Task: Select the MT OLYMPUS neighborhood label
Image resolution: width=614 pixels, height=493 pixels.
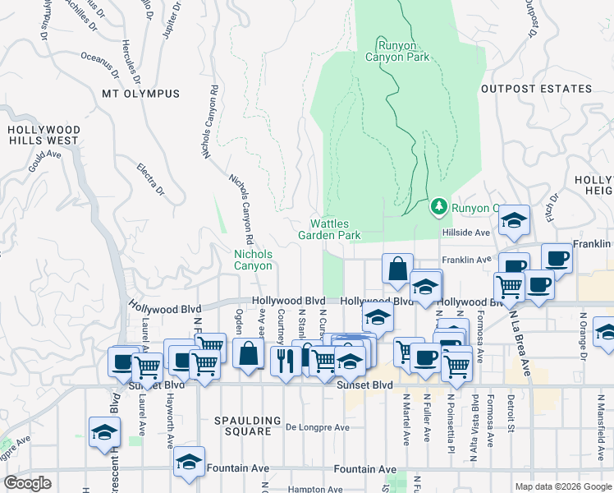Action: click(x=140, y=94)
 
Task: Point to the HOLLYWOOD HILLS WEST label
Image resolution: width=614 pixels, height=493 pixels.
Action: click(x=44, y=136)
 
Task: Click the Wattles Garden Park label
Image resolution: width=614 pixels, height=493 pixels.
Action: click(x=335, y=229)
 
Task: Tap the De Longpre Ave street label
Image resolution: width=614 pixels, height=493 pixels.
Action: click(x=318, y=427)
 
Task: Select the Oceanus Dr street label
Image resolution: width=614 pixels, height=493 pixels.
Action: click(x=102, y=58)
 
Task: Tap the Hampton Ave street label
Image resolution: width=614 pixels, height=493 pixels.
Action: click(x=321, y=489)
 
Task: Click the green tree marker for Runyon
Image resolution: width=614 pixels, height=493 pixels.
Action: click(x=439, y=206)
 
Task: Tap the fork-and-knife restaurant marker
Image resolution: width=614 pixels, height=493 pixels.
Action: click(x=285, y=359)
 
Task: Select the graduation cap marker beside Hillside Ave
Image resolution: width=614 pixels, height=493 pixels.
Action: click(x=515, y=220)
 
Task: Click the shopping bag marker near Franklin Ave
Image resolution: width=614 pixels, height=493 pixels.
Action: click(x=397, y=269)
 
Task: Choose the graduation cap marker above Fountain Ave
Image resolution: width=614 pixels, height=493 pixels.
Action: click(x=189, y=463)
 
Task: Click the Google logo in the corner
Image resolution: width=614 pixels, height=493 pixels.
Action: click(x=27, y=484)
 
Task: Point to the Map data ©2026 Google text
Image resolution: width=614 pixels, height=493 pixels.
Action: click(x=563, y=486)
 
